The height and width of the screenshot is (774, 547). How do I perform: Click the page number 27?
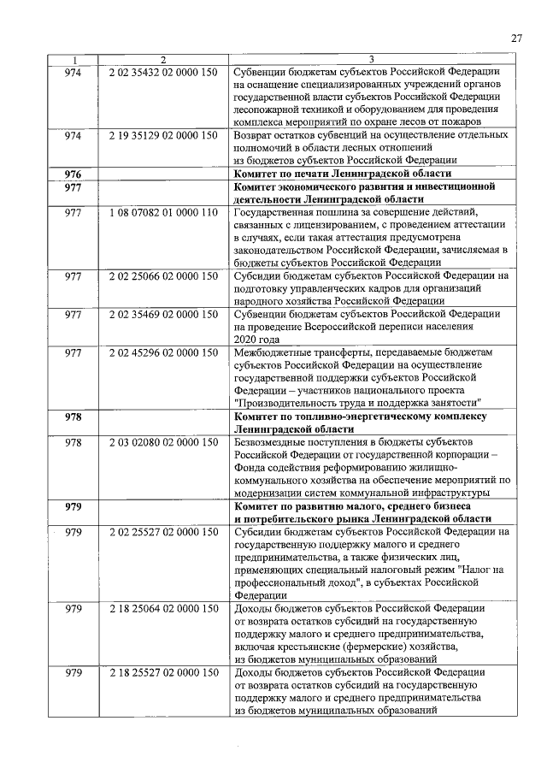coord(515,38)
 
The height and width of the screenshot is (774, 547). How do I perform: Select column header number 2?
coord(163,59)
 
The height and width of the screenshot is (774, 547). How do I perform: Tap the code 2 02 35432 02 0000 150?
coord(163,71)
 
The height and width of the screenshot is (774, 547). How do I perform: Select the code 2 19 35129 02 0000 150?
coord(163,135)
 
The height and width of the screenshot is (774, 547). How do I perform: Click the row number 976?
coord(73,174)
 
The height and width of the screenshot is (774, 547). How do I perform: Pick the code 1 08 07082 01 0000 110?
coord(163,212)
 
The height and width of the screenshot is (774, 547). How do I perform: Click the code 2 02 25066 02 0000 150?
coord(163,276)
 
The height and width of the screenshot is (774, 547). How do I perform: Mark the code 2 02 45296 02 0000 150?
coord(163,352)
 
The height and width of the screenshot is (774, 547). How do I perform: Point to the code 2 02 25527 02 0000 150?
coord(163,531)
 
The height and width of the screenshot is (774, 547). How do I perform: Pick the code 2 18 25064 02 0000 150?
coord(163,608)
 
